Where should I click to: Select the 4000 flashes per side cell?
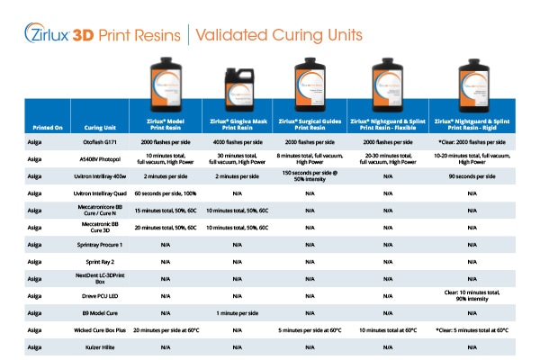pos(238,141)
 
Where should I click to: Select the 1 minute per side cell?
pos(238,312)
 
